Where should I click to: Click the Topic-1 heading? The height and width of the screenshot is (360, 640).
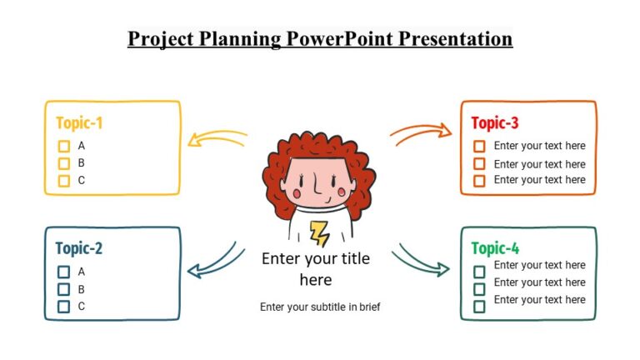click(79, 123)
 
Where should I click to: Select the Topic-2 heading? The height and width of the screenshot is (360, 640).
click(78, 248)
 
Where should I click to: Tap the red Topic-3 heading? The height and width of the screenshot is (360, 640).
click(495, 123)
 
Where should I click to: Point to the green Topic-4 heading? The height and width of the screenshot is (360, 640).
click(495, 248)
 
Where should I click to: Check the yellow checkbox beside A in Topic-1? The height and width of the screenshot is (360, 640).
click(63, 147)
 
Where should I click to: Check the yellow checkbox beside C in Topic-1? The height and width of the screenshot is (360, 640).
click(63, 181)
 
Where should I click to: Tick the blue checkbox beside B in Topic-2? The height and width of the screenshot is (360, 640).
click(63, 289)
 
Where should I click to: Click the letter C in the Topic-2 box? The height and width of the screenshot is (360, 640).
click(82, 307)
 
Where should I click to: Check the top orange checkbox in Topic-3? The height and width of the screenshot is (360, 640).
click(479, 147)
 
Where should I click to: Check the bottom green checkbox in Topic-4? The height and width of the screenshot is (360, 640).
click(479, 307)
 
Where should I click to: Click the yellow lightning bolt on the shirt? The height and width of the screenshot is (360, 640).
click(318, 232)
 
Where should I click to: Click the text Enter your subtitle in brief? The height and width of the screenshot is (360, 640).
click(320, 307)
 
